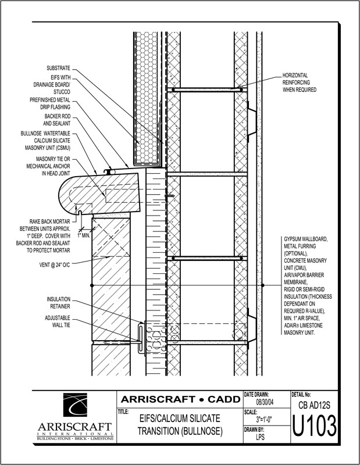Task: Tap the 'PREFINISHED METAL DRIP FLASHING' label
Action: [50, 103]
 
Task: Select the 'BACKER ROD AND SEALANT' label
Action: [57, 120]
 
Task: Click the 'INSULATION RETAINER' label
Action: [58, 302]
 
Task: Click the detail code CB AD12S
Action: [315, 403]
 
